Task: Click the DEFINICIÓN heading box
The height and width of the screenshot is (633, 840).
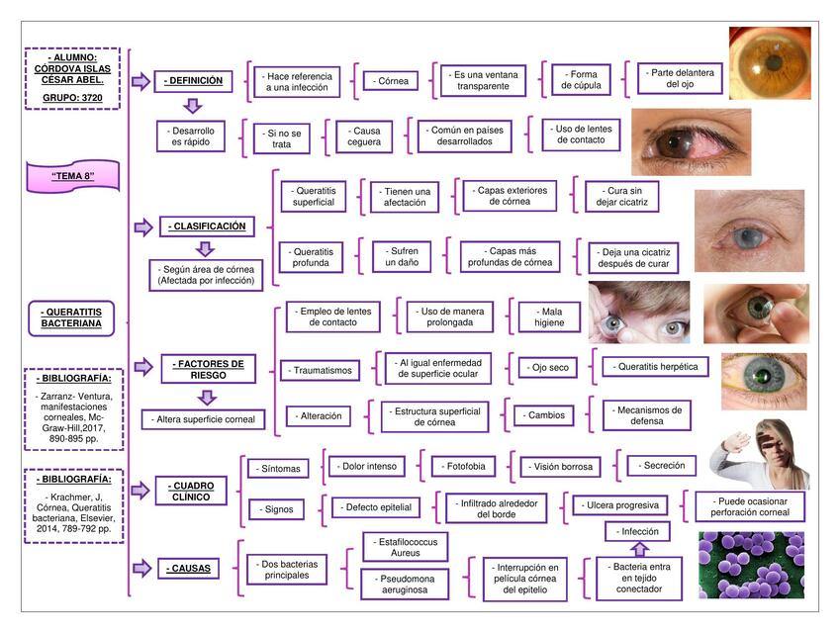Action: [x=195, y=81]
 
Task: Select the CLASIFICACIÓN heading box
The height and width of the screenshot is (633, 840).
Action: [x=208, y=226]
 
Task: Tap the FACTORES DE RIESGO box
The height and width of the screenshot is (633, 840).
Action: [x=208, y=369]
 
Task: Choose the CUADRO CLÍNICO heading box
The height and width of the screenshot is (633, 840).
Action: [x=192, y=491]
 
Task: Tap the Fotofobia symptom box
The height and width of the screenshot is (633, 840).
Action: [x=463, y=465]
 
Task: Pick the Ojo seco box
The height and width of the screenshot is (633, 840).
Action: [x=547, y=368]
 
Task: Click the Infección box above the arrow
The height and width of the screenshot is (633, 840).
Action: [x=638, y=532]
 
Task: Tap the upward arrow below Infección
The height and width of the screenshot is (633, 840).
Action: [x=638, y=549]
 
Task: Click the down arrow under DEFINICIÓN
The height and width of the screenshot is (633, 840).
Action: [x=194, y=105]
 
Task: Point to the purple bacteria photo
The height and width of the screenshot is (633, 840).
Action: [x=751, y=565]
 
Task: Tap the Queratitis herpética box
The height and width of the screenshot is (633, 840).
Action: [x=656, y=367]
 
